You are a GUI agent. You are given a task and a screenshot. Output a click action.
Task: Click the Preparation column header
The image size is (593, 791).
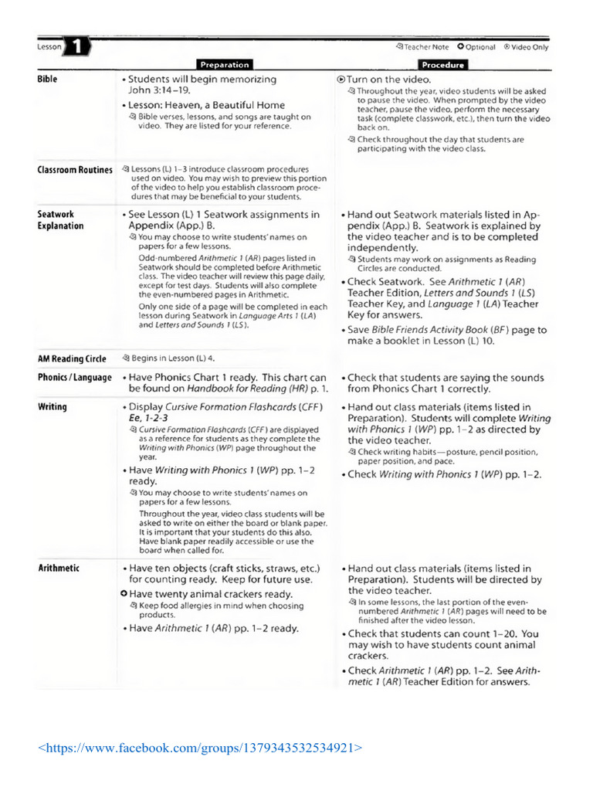click(x=224, y=66)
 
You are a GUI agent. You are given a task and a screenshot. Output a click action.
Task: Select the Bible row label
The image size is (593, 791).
click(x=47, y=80)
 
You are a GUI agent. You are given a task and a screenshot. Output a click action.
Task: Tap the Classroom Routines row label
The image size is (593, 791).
click(x=75, y=170)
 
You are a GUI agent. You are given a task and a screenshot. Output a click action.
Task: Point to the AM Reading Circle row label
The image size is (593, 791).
click(x=72, y=358)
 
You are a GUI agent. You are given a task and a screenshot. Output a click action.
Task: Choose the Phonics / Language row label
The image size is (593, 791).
click(x=75, y=378)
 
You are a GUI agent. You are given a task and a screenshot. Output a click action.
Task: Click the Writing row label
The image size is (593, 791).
click(x=53, y=407)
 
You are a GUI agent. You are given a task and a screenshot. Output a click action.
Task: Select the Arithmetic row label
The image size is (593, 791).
click(x=59, y=569)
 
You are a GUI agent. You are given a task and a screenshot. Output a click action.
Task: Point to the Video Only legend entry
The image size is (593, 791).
click(x=526, y=47)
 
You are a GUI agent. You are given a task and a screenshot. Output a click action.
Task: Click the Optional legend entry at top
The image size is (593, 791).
click(x=476, y=47)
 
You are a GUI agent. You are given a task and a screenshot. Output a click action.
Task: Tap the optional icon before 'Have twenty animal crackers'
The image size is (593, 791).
click(x=124, y=594)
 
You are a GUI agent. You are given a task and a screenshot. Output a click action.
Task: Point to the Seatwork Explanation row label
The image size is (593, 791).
click(x=60, y=220)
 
